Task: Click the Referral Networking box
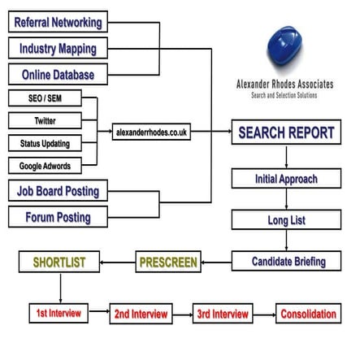point(59,22)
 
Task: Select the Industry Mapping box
point(59,49)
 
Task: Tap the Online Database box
point(59,76)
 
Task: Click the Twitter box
point(46,121)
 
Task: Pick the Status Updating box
point(46,144)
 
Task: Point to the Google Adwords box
point(46,167)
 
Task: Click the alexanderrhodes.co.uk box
point(152,132)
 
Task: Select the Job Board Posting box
point(59,192)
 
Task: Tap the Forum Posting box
point(59,218)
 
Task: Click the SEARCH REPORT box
point(286,133)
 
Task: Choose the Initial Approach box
point(286,179)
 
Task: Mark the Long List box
point(286,220)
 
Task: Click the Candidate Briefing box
point(289,262)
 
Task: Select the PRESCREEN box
point(167,262)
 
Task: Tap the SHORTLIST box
point(59,262)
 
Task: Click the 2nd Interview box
point(141,314)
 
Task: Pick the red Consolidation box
point(308,314)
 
